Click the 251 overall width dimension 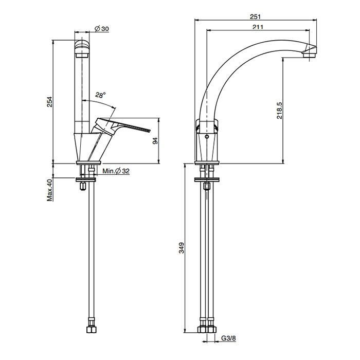[x=255, y=17]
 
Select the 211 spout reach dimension [x=258, y=27]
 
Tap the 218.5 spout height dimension [x=279, y=111]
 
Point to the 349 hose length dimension [x=182, y=248]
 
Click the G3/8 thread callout [x=228, y=338]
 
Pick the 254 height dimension [x=50, y=102]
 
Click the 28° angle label [x=101, y=95]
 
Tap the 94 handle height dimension [x=155, y=141]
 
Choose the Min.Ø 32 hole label [x=116, y=171]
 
